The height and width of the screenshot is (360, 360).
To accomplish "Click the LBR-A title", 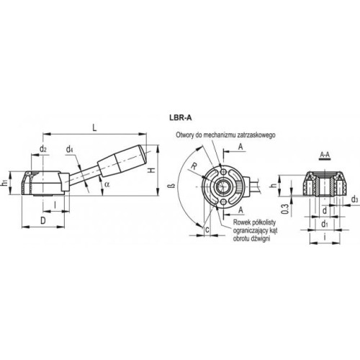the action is (181, 117).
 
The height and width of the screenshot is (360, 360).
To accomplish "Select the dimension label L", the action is (94, 127).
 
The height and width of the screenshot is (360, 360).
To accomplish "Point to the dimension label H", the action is (151, 170).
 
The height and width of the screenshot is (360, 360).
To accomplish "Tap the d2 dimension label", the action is (43, 149).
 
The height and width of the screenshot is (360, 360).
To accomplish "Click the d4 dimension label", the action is (70, 150).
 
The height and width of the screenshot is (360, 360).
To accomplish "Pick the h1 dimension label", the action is (4, 184).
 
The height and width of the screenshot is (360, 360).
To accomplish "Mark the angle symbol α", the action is (107, 184).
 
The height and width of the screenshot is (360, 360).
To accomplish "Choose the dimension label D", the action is (42, 220).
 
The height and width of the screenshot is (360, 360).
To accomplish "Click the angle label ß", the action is (171, 186).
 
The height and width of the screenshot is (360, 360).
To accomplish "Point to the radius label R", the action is (194, 166).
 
